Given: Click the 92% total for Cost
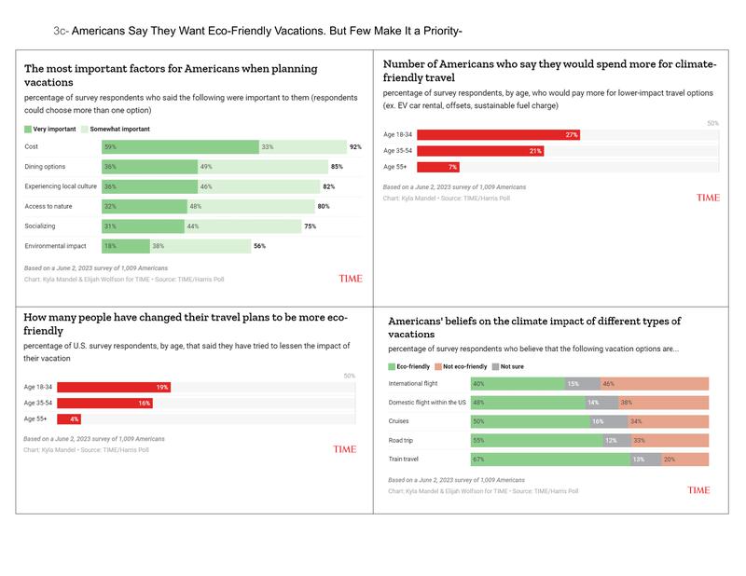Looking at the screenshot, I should coord(355,147).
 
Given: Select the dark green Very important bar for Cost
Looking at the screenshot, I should coord(180,147).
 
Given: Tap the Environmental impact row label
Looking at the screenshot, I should coord(55,246).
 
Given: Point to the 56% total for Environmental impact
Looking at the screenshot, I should coord(259,246).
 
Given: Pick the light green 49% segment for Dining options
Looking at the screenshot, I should coord(256,167).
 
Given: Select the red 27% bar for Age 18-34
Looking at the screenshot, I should coord(499,135).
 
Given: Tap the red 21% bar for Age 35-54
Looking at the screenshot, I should coord(480,151).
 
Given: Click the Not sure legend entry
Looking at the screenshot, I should coord(511,367).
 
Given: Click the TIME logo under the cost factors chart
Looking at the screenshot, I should coord(351,279).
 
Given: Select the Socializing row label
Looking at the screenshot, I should coord(41,226).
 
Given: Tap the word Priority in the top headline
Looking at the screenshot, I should coord(435,31).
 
